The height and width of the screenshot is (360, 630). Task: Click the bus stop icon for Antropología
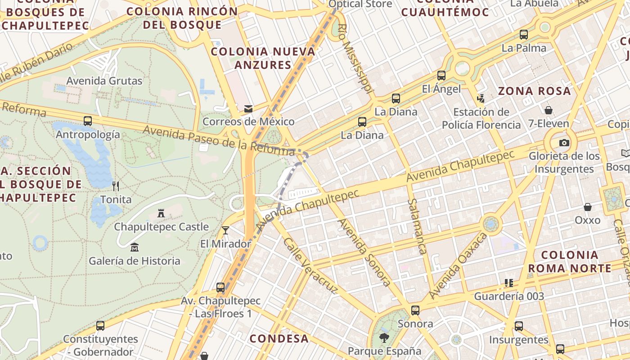[88, 121]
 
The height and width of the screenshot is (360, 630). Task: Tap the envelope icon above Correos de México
[248, 108]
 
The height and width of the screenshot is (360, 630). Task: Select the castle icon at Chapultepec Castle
[161, 213]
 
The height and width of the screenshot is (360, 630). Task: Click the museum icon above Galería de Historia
[134, 247]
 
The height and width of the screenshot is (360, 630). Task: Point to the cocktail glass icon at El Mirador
[225, 230]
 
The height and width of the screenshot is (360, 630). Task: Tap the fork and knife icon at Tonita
[116, 186]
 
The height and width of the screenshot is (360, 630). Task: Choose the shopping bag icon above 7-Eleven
[548, 110]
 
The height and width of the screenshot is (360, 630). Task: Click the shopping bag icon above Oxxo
[587, 207]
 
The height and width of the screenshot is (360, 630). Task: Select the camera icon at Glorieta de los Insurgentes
[564, 143]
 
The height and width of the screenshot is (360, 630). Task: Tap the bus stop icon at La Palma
[523, 35]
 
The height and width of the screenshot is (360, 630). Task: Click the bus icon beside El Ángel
[441, 76]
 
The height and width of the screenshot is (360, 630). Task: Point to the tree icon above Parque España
[384, 337]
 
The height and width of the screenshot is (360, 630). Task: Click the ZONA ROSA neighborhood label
[534, 91]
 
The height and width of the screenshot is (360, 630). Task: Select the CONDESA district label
[279, 338]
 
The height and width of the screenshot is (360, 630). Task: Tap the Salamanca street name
[416, 226]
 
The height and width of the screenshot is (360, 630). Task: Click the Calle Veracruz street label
[310, 265]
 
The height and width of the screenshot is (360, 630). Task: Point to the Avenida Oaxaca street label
[458, 266]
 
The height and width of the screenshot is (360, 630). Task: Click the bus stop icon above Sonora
[415, 310]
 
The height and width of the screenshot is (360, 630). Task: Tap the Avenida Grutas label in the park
[104, 81]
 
